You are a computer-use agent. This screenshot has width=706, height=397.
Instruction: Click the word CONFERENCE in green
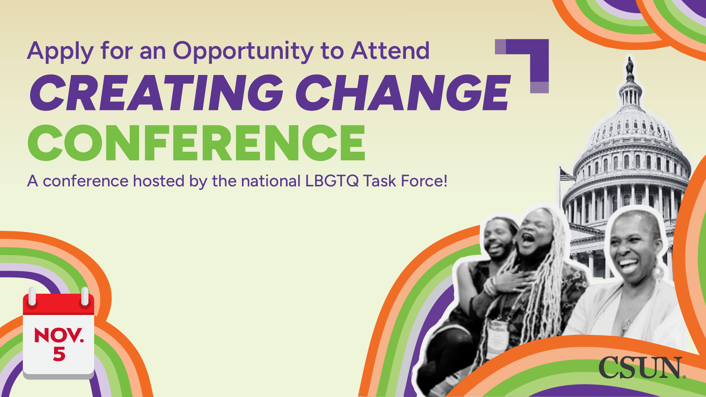(197, 143)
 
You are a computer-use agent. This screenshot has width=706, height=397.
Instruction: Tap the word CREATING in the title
(157, 93)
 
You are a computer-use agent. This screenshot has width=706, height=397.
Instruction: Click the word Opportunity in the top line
(243, 51)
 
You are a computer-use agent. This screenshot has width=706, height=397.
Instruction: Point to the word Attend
(391, 50)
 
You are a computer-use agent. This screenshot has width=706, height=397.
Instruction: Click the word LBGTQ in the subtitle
(332, 181)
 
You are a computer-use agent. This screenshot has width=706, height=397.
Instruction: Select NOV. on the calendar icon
(59, 335)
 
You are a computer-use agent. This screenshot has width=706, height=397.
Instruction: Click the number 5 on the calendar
(59, 354)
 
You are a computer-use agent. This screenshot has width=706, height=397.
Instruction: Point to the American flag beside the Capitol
(567, 174)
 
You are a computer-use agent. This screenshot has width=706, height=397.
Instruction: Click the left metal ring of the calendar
(32, 296)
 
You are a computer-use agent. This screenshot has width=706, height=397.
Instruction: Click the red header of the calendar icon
(59, 304)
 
